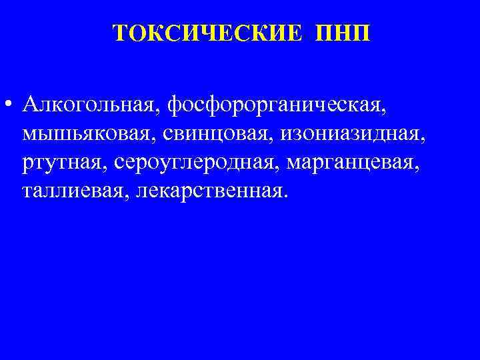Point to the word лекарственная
[209, 191]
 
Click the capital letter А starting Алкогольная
[30, 105]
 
